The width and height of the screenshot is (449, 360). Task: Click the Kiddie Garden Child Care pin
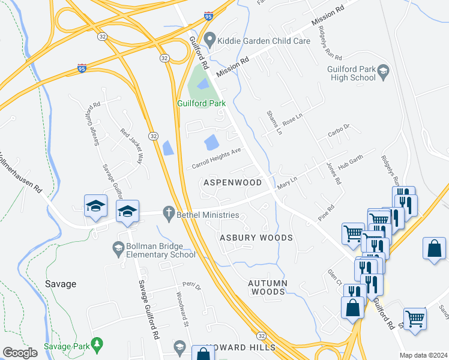[x=209, y=41]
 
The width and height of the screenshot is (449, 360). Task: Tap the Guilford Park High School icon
[x=382, y=74]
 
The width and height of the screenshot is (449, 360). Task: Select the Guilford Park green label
[x=201, y=103]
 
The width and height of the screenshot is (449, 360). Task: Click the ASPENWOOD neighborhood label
[x=232, y=182]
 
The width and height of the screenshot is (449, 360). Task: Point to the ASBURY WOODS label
[x=256, y=238]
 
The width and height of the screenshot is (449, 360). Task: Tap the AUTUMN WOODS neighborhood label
[x=268, y=287]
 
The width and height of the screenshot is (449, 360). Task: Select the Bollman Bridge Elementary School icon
[x=119, y=247]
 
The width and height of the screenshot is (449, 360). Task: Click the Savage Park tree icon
[x=97, y=344]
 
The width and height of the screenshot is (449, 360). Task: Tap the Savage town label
[x=61, y=284]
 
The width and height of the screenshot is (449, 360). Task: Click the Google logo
[x=20, y=353]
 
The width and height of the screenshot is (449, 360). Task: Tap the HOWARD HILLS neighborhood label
[x=241, y=347]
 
